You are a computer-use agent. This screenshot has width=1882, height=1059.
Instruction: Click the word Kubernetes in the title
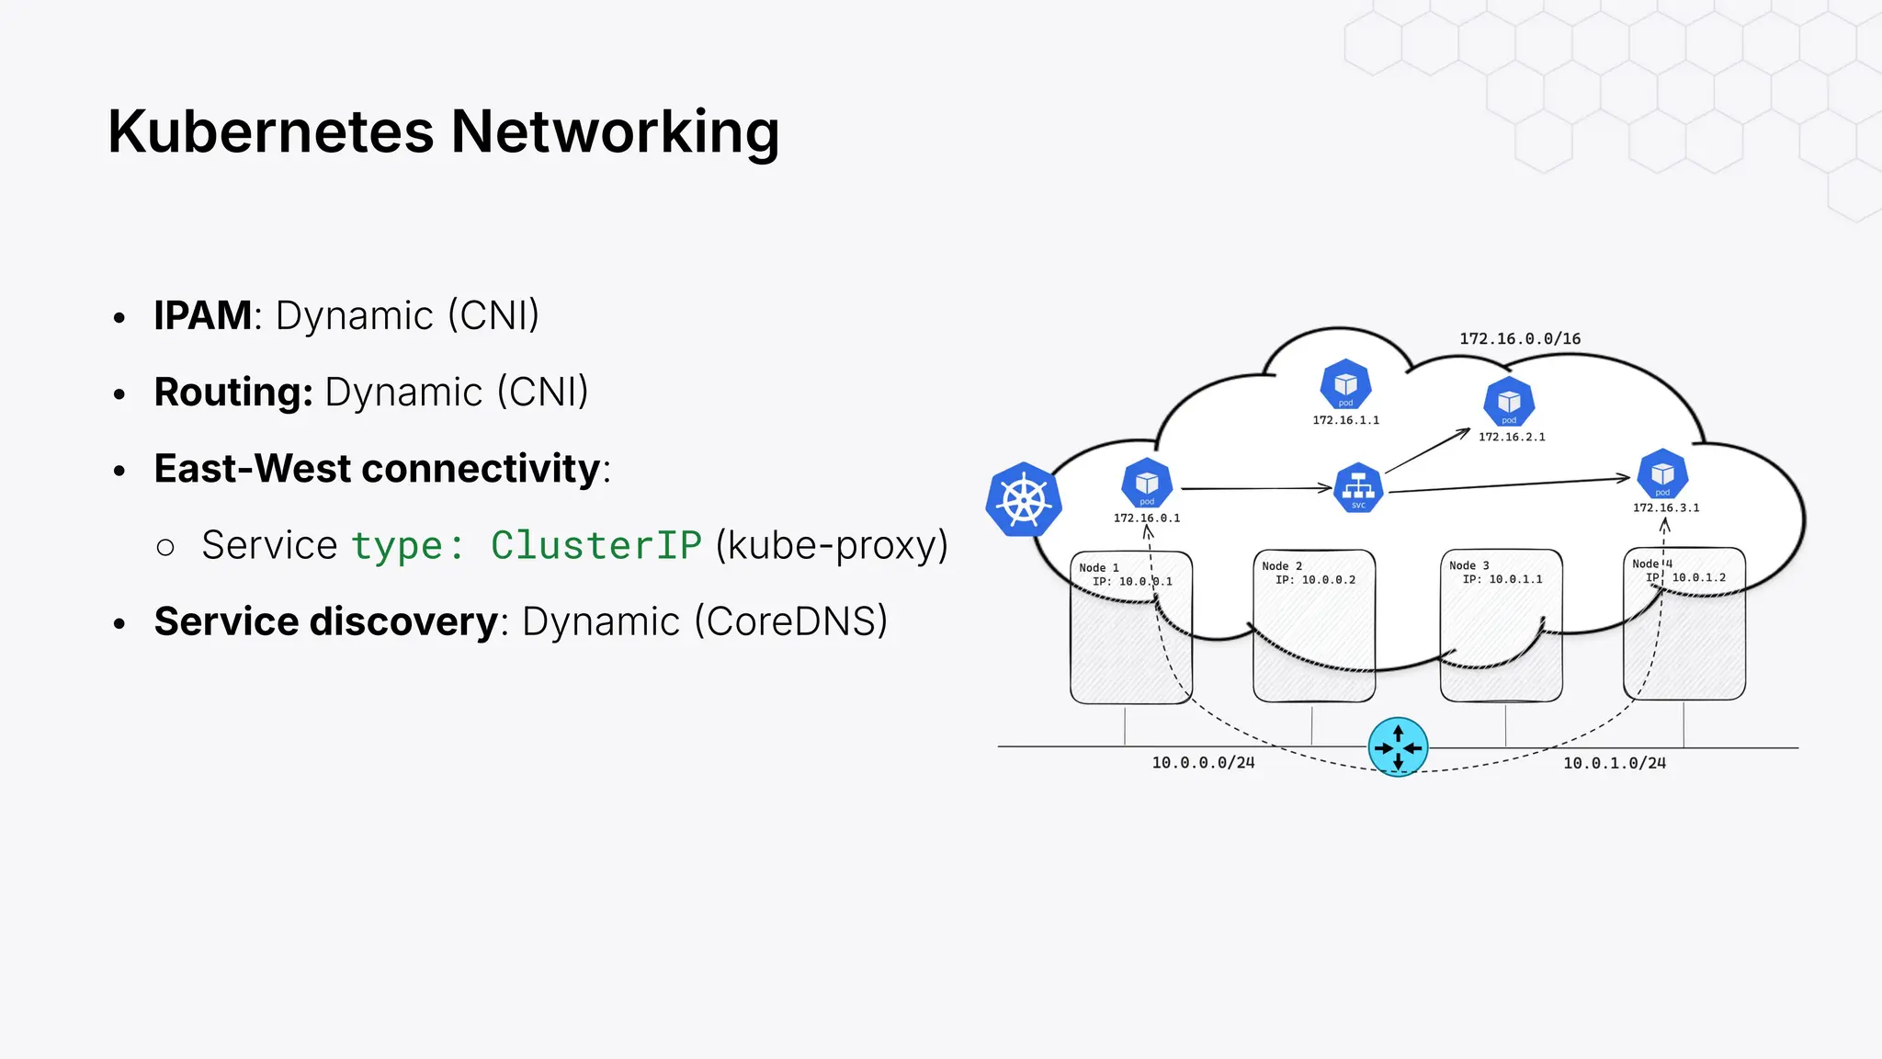pos(270,131)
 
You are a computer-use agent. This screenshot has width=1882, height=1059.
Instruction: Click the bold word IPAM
pos(202,315)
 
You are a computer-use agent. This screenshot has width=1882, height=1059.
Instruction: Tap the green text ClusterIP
pos(595,545)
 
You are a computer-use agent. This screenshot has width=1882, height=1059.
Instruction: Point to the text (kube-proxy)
pos(832,545)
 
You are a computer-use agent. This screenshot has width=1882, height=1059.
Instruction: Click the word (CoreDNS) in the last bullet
pos(791,621)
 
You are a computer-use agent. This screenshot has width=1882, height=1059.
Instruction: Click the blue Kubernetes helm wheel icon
pos(1024,500)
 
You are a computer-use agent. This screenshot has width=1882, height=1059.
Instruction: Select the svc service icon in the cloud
pos(1358,487)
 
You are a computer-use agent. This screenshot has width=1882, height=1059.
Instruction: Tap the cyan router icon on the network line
pos(1398,747)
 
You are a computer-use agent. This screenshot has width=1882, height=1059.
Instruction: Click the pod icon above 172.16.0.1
pos(1147,483)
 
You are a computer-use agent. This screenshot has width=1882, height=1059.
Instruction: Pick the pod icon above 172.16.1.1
pos(1345,384)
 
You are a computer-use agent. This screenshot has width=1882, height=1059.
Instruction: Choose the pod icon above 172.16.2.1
pos(1509,402)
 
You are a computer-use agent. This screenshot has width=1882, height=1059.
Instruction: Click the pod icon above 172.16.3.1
pos(1662,474)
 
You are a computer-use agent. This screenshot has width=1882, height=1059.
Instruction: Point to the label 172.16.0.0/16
pos(1520,339)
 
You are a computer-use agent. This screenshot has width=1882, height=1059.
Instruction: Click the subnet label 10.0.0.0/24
pos(1203,763)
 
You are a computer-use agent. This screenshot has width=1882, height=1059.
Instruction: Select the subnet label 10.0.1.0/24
pos(1615,763)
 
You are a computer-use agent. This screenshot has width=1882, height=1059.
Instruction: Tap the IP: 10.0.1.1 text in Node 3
pos(1502,579)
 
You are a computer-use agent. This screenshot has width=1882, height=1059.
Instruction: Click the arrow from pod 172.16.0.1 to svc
pos(1255,488)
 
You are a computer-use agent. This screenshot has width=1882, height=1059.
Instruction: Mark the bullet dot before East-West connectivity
pos(119,471)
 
